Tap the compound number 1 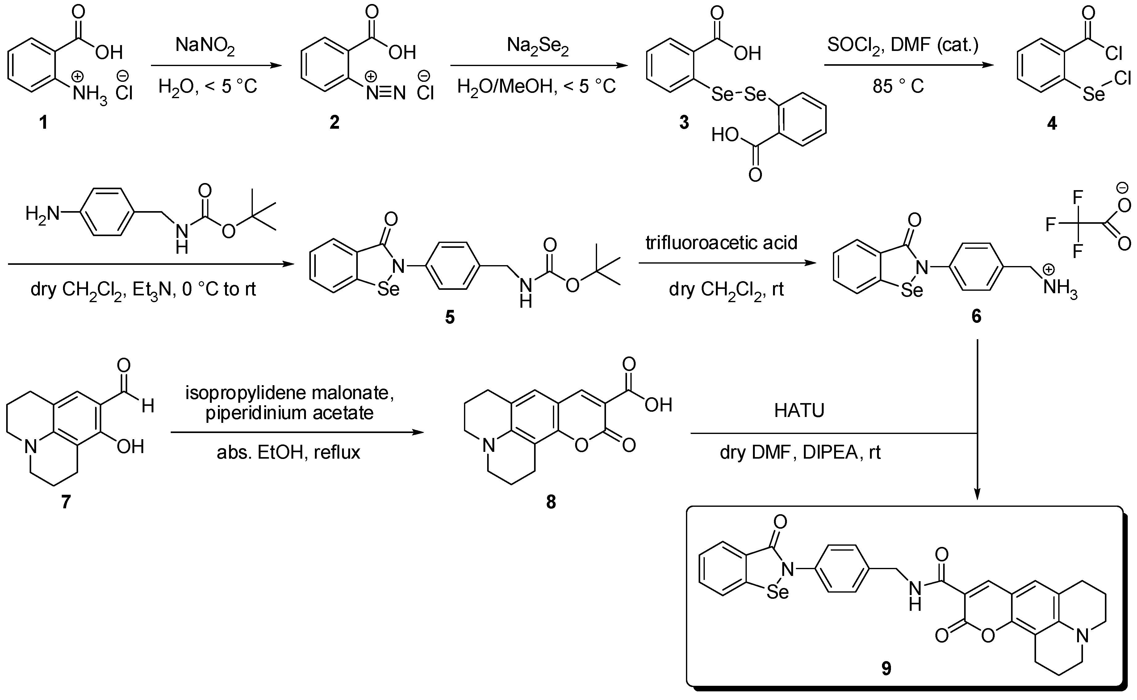[44, 123]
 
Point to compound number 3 [684, 123]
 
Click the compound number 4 [1052, 123]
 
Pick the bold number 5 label [449, 318]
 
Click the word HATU [800, 410]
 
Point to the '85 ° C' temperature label [898, 86]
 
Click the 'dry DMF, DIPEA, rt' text [800, 452]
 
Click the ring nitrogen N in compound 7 [31, 447]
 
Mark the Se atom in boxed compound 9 [777, 592]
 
